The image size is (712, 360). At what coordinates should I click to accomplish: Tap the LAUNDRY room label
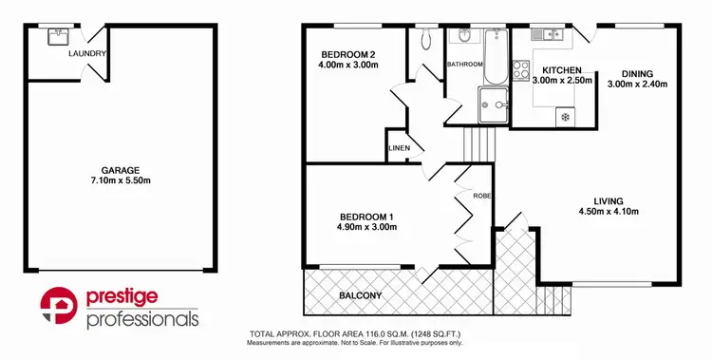(x=86, y=54)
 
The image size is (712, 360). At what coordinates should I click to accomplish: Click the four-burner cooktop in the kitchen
(x=521, y=69)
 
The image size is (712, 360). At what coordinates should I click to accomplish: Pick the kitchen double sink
(x=548, y=36)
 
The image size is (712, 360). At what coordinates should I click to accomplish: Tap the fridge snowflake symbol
(x=566, y=117)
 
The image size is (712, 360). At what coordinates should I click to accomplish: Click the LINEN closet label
(x=399, y=149)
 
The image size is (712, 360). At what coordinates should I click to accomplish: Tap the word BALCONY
(x=361, y=295)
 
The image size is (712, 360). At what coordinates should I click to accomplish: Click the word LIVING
(x=608, y=200)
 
